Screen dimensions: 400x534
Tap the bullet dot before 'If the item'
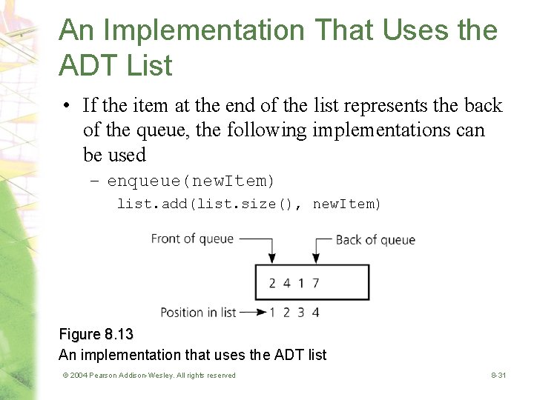click(67, 106)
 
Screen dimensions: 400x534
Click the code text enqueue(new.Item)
click(191, 181)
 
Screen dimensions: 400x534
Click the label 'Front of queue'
click(192, 239)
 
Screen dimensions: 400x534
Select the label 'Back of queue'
click(375, 239)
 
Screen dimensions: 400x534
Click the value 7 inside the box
click(316, 283)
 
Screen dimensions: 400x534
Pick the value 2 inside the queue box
click(272, 283)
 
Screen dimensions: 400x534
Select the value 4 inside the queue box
click(286, 283)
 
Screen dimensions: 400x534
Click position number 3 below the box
click(301, 312)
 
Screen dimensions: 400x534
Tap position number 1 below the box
click(272, 312)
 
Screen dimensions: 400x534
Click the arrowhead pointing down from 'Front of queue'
click(272, 259)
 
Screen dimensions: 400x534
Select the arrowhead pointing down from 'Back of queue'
click(315, 259)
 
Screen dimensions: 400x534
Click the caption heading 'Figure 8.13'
click(96, 335)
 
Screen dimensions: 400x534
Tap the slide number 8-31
click(498, 376)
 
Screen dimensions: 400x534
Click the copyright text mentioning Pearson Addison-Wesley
click(149, 376)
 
